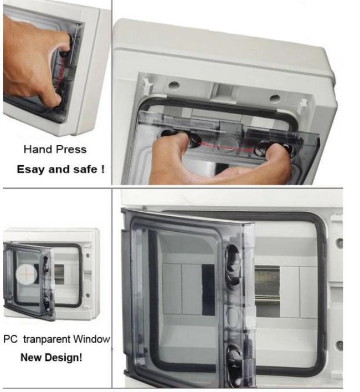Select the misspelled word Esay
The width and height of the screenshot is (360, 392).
click(30, 169)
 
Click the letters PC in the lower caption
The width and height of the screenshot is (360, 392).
click(11, 339)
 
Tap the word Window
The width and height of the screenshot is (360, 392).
click(95, 339)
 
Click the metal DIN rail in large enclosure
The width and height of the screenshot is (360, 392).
click(268, 285)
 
